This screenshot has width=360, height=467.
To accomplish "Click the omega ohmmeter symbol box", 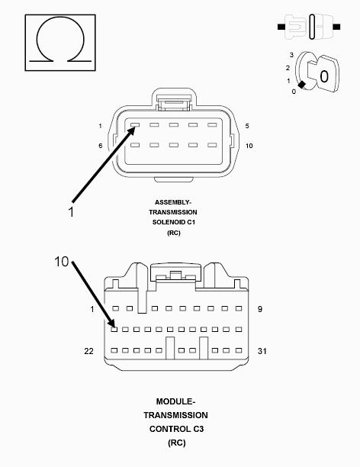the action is pos(60,43).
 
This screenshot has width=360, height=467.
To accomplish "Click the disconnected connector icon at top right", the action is pos(309,27).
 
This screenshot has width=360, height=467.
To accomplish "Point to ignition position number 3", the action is pos(291,55).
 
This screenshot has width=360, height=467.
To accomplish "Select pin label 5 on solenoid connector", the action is pos(247,126).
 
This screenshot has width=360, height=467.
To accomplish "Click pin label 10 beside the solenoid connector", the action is pos(249,146).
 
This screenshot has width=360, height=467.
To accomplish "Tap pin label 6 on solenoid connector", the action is pos(101,146).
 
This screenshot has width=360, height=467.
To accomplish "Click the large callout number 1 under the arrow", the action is pos(71,212).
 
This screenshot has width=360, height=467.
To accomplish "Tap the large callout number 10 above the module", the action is pos(62,262).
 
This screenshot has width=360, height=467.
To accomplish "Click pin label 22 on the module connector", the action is pos(88,351).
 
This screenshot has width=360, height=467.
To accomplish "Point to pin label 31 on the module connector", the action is pos(262,351).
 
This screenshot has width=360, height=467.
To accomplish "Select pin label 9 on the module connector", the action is pos(260,309).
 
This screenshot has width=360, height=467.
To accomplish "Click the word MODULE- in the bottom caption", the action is pos(175,401).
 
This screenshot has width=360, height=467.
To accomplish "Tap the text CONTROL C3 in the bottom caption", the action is pos(177,429).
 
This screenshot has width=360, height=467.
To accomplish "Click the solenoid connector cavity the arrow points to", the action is pos(135,125).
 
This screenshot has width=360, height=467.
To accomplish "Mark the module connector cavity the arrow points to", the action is pos(114,330).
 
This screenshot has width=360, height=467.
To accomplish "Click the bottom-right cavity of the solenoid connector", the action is pos(212,145).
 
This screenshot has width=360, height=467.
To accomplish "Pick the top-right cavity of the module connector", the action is pos(239,308).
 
